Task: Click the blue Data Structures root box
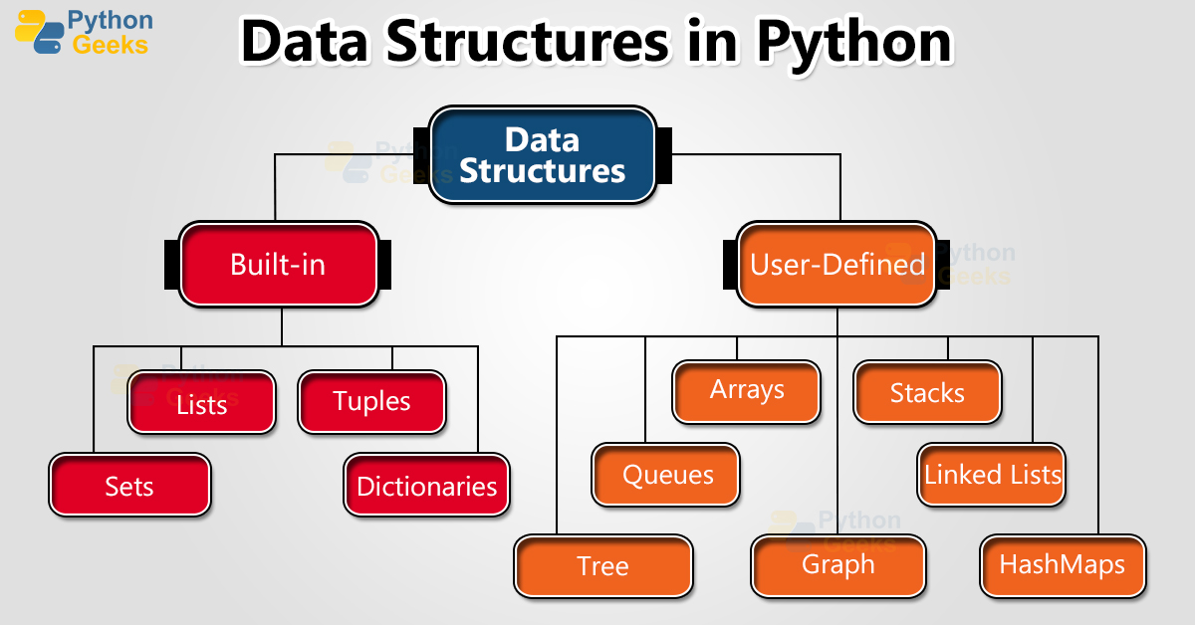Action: pyautogui.click(x=542, y=155)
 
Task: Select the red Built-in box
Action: pyautogui.click(x=278, y=264)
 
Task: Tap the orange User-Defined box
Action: pyautogui.click(x=836, y=264)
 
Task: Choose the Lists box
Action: pyautogui.click(x=201, y=402)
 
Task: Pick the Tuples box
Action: pyautogui.click(x=371, y=402)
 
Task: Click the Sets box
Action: pyautogui.click(x=129, y=485)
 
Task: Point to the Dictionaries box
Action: pyautogui.click(x=426, y=485)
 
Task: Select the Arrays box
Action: pyautogui.click(x=746, y=391)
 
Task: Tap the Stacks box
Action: pyautogui.click(x=927, y=392)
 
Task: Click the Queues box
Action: pyautogui.click(x=666, y=475)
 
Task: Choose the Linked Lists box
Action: pyautogui.click(x=992, y=474)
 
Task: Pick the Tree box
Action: pyautogui.click(x=602, y=566)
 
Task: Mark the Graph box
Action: pyautogui.click(x=837, y=565)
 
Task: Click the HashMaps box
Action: pyautogui.click(x=1062, y=565)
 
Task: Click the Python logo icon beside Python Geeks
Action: pyautogui.click(x=38, y=32)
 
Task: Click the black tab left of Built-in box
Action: pyautogui.click(x=172, y=264)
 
